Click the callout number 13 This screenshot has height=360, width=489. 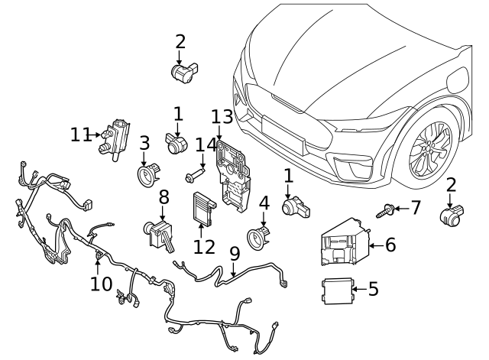(x=222, y=116)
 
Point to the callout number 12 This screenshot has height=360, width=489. (x=205, y=247)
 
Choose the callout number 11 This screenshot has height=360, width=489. (x=81, y=135)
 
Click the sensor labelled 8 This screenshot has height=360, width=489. (x=160, y=231)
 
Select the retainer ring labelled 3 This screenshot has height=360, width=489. (x=147, y=176)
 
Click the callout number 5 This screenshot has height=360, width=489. (x=374, y=289)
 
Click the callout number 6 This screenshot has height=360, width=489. (x=390, y=245)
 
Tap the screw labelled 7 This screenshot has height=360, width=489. (x=387, y=209)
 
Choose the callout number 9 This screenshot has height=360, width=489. (x=234, y=251)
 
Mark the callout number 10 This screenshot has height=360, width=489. (x=100, y=284)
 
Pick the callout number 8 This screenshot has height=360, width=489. (x=163, y=198)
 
